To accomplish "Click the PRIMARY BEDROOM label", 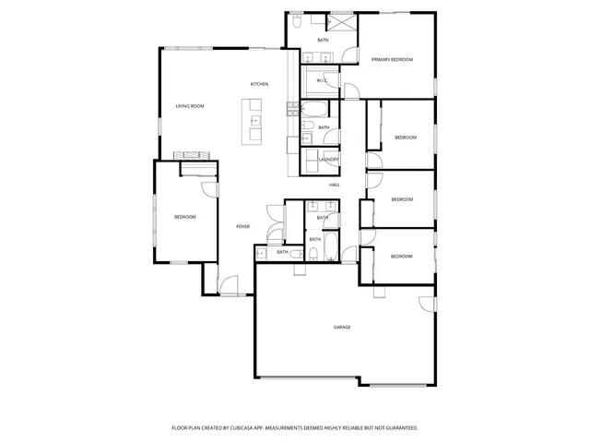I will coord(392,60).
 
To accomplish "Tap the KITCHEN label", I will coord(259,85).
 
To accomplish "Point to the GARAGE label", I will coord(342,328).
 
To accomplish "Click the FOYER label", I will coord(242,226).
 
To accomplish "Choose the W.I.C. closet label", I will coord(323,80).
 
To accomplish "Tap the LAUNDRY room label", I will coord(329,160).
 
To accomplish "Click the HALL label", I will coord(335,185).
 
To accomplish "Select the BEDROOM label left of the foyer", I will coord(185,217).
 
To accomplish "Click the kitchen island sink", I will coord(254,120).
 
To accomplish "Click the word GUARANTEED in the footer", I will coord(398,428).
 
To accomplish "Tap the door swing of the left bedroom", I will coord(210,189).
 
